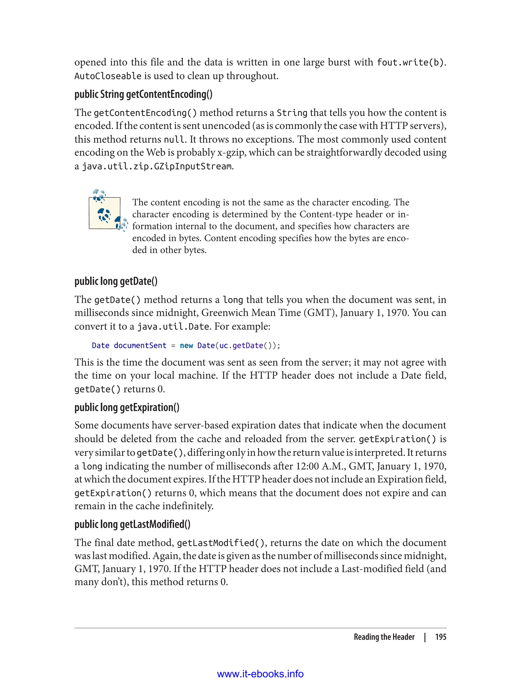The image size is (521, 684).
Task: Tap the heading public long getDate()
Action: click(116, 281)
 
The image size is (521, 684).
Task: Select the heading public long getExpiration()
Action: click(127, 407)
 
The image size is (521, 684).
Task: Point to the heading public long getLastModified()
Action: click(133, 524)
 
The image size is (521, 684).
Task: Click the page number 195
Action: click(440, 637)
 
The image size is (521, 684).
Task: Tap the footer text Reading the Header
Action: click(384, 637)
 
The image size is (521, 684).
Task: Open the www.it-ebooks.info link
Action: click(260, 674)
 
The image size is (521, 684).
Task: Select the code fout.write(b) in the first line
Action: click(410, 63)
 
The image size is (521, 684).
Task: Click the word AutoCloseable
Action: click(108, 76)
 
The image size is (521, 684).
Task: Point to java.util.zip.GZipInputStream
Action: click(157, 167)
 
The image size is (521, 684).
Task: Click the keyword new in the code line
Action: click(186, 346)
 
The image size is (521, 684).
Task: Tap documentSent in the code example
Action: click(140, 346)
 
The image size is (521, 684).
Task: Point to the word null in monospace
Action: click(174, 140)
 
